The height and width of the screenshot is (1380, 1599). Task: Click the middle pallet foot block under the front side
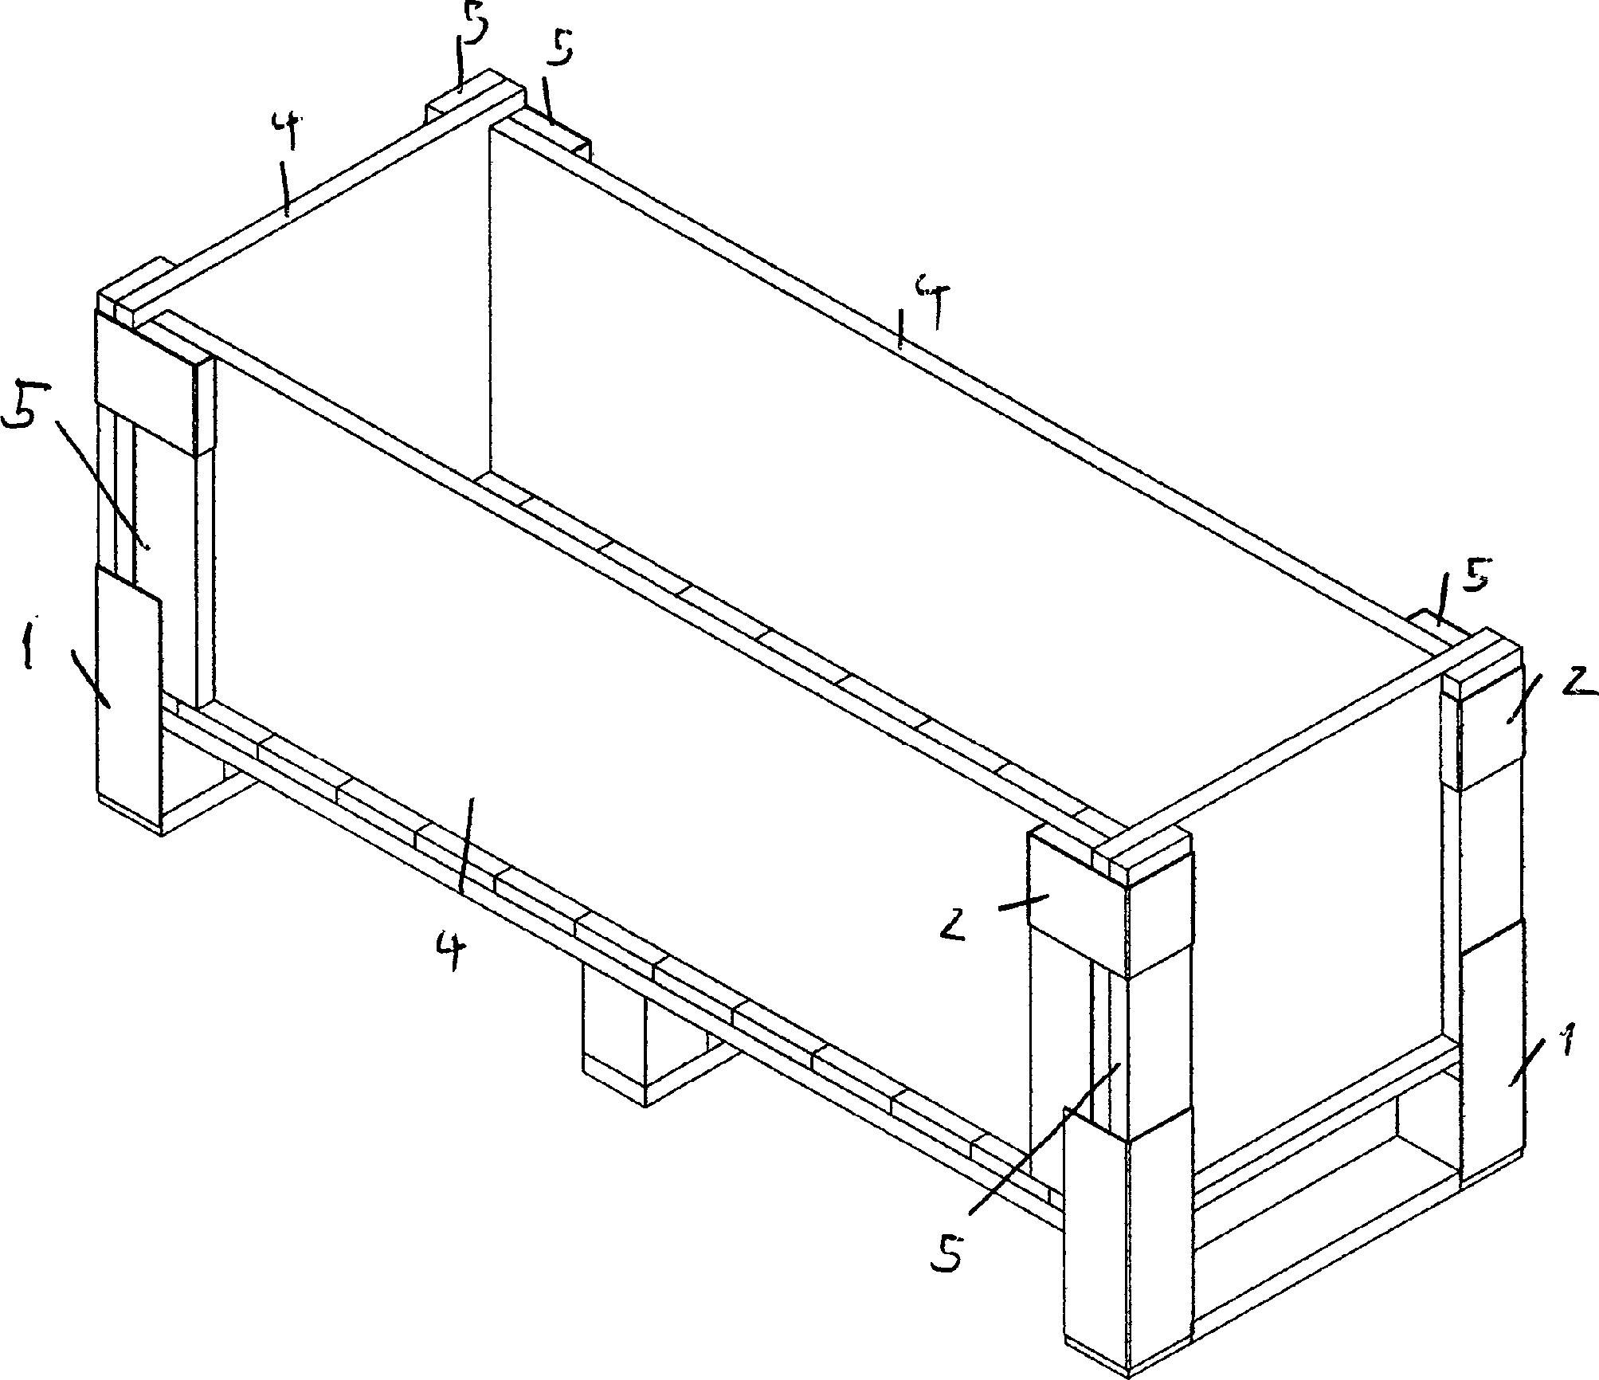click(613, 1036)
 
